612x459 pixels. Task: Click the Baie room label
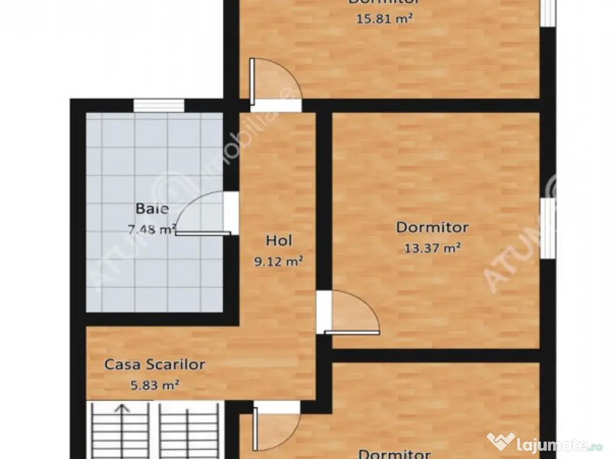152,209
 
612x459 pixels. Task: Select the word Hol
279,240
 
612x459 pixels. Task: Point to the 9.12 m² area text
279,261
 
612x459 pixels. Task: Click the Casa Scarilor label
155,364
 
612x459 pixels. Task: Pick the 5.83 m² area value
155,385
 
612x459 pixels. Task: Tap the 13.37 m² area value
432,248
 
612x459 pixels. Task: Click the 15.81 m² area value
384,18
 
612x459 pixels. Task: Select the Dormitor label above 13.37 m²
432,227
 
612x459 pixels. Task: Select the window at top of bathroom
158,106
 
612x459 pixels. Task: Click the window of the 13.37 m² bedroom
547,228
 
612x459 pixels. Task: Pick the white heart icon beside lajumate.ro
501,443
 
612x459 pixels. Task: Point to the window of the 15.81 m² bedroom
547,12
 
